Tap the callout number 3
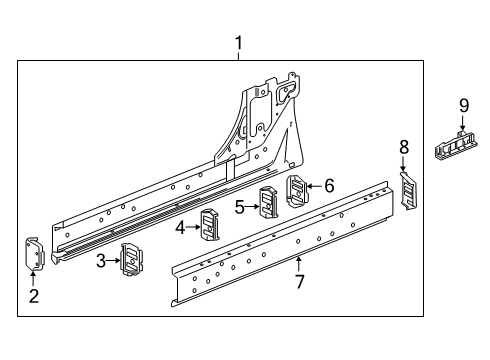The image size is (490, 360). pyautogui.click(x=102, y=263)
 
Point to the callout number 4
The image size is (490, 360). pyautogui.click(x=179, y=227)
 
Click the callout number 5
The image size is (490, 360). pyautogui.click(x=239, y=206)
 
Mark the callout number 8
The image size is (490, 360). pyautogui.click(x=404, y=147)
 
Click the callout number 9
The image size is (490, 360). pyautogui.click(x=463, y=105)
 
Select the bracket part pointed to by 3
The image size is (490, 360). pyautogui.click(x=130, y=259)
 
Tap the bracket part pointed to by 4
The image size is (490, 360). pyautogui.click(x=210, y=225)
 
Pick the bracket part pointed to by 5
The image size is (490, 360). pyautogui.click(x=269, y=201)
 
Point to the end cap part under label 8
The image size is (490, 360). pyautogui.click(x=407, y=188)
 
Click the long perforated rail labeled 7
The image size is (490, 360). pyautogui.click(x=280, y=235)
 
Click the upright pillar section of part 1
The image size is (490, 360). pyautogui.click(x=265, y=120)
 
